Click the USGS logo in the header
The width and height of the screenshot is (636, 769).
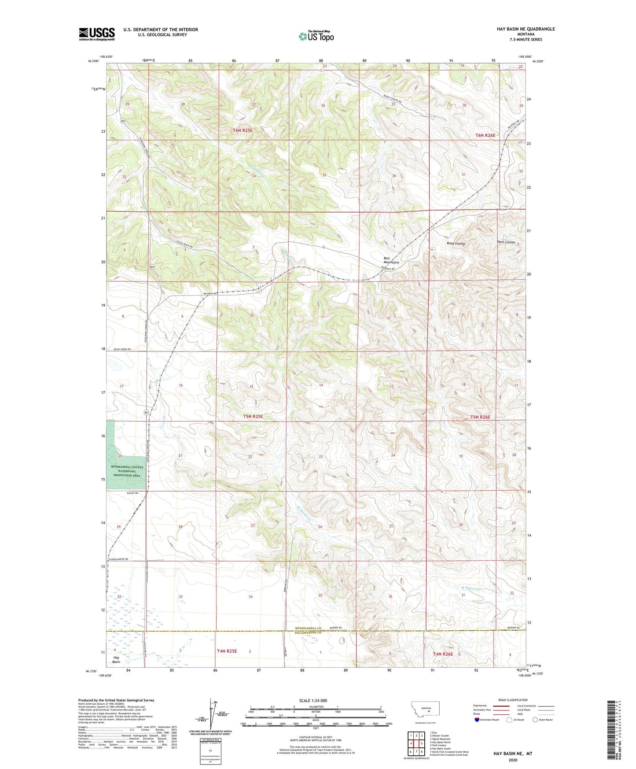[x=96, y=34]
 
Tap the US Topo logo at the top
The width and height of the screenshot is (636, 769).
[x=316, y=36]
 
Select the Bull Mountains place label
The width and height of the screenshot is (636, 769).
[x=391, y=260]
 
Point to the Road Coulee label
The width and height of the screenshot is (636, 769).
[x=456, y=243]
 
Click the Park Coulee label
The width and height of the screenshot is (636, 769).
[x=506, y=242]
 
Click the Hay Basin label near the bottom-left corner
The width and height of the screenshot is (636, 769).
[x=116, y=659]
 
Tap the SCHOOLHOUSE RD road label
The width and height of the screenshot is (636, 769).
[x=117, y=559]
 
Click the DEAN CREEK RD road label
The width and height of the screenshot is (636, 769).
[x=122, y=349]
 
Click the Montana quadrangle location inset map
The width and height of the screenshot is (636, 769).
[x=425, y=709]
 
